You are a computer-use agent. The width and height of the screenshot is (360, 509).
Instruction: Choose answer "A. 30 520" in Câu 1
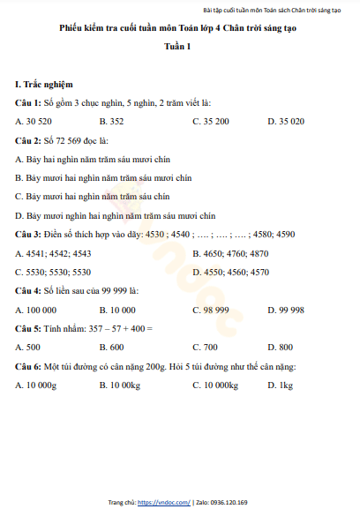click(x=35, y=120)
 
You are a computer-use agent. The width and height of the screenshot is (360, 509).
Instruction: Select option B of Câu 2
click(x=103, y=177)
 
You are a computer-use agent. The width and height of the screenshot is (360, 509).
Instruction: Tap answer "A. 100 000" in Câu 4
click(x=37, y=310)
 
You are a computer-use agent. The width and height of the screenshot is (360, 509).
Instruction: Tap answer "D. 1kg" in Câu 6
click(x=280, y=385)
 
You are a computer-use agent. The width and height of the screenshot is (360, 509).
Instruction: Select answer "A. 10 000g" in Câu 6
click(x=37, y=385)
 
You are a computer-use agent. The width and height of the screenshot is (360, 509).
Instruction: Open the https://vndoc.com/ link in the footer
click(x=164, y=502)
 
